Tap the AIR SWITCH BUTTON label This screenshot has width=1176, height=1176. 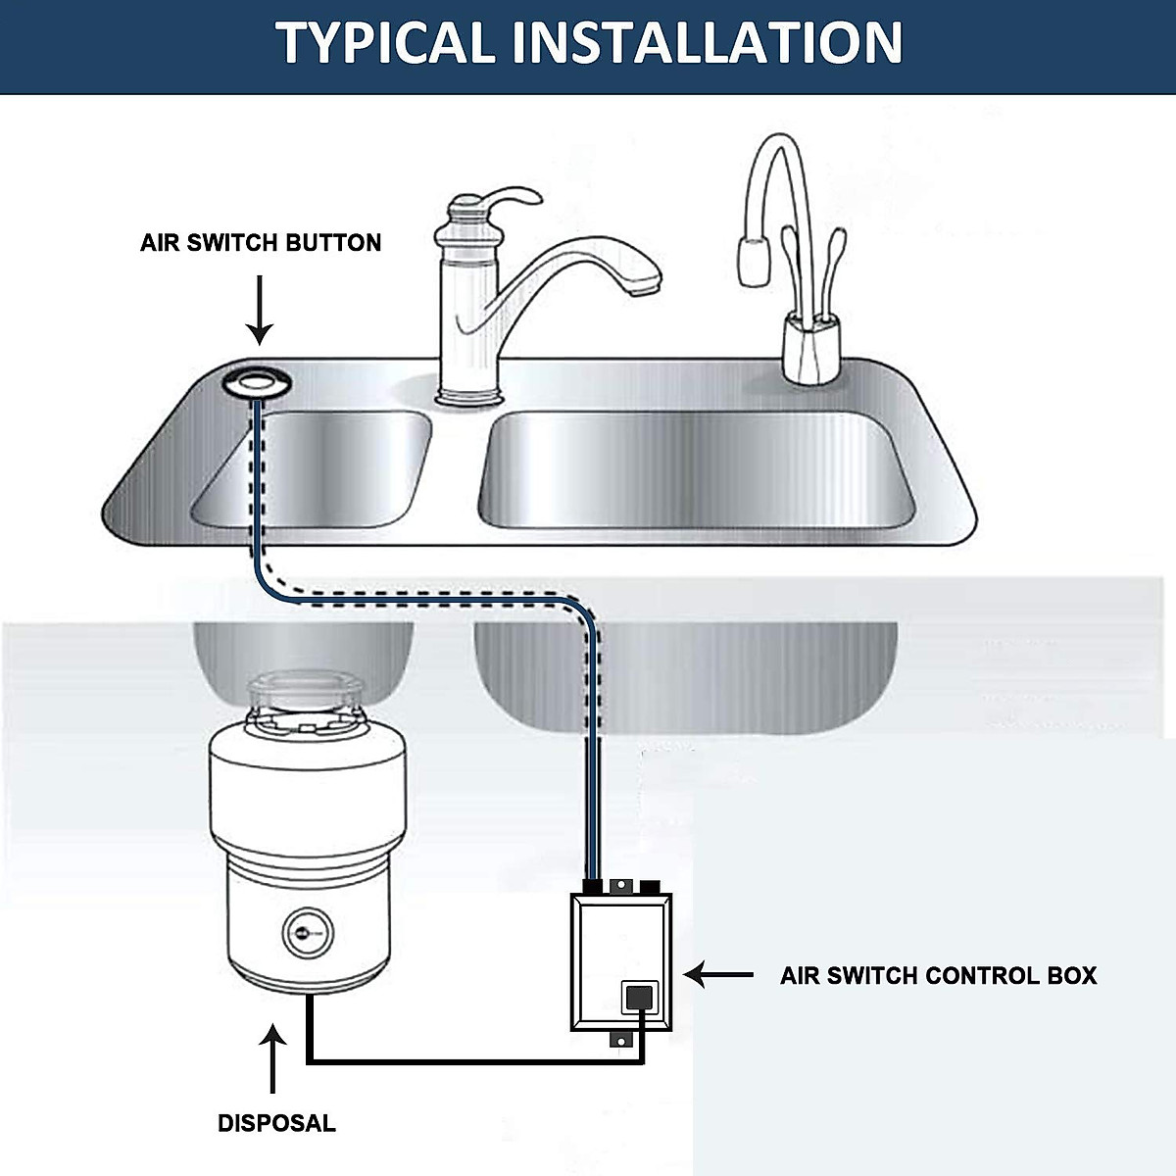pyautogui.click(x=261, y=243)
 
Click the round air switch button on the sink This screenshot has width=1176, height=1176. pyautogui.click(x=255, y=382)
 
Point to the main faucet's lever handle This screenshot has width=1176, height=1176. pyautogui.click(x=500, y=196)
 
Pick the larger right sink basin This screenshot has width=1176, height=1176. pyautogui.click(x=696, y=470)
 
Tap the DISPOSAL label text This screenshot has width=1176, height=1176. pyautogui.click(x=276, y=1123)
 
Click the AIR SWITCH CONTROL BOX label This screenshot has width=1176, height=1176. pyautogui.click(x=938, y=976)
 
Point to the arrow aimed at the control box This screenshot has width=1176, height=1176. pyautogui.click(x=718, y=975)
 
